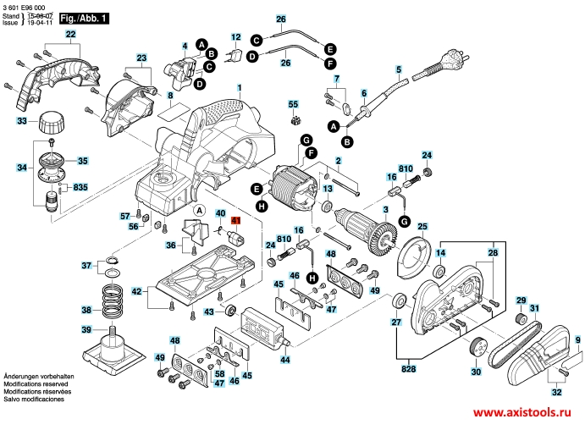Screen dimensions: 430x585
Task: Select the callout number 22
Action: pos(70,34)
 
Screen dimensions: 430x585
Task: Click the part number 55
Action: pos(294,104)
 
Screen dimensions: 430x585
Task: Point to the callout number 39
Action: pos(86,329)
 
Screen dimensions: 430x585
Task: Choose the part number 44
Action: pos(285,360)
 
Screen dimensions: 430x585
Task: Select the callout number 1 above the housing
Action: pos(240,88)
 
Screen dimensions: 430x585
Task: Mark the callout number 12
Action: pos(235,37)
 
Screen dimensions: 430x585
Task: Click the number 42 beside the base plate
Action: pos(136,291)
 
